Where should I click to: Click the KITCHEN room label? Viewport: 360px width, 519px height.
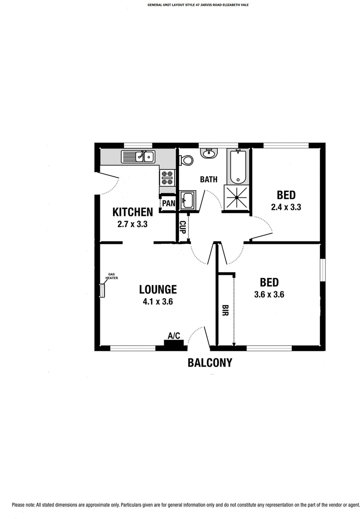pyautogui.click(x=132, y=212)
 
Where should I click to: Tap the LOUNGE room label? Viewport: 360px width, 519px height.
pyautogui.click(x=157, y=289)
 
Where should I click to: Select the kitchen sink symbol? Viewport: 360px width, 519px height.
pyautogui.click(x=138, y=157)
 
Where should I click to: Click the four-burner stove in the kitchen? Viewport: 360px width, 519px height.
pyautogui.click(x=167, y=178)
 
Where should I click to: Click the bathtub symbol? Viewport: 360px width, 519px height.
pyautogui.click(x=237, y=167)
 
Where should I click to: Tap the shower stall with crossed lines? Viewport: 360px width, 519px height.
pyautogui.click(x=237, y=197)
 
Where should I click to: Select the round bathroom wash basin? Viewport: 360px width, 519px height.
pyautogui.click(x=209, y=153)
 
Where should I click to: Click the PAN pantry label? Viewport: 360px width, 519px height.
pyautogui.click(x=168, y=203)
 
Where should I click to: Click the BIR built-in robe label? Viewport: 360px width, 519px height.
pyautogui.click(x=225, y=310)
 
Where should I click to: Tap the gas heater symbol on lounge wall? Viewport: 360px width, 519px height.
pyautogui.click(x=102, y=291)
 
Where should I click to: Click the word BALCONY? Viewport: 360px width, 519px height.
pyautogui.click(x=210, y=363)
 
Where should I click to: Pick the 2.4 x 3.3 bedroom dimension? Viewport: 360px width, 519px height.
pyautogui.click(x=286, y=207)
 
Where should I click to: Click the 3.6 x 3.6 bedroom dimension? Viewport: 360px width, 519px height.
pyautogui.click(x=269, y=294)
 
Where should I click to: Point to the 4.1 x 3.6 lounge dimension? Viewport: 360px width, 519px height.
pyautogui.click(x=157, y=301)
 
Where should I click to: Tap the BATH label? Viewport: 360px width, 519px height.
pyautogui.click(x=209, y=179)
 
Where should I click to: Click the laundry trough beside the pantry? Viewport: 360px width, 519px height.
pyautogui.click(x=188, y=200)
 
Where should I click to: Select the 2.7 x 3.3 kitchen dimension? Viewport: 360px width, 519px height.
pyautogui.click(x=132, y=224)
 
